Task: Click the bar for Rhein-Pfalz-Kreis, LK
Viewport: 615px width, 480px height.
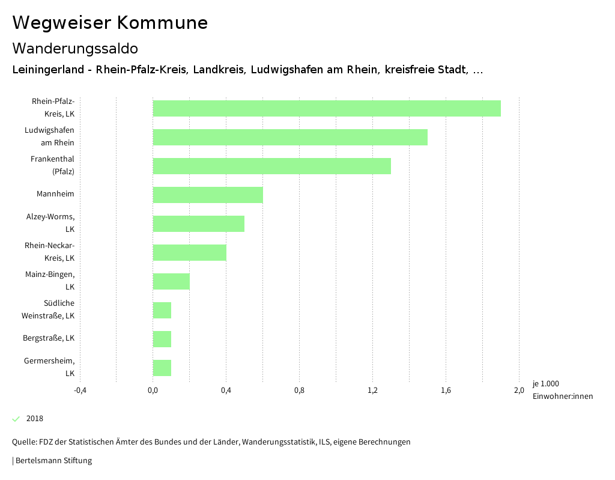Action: tap(327, 108)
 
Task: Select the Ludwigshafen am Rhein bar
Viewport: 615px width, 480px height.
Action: tap(290, 137)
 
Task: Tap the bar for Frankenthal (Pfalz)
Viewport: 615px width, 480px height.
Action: tap(271, 166)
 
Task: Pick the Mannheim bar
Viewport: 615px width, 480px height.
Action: tap(208, 195)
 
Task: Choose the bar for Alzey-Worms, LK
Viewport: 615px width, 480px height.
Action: tap(198, 223)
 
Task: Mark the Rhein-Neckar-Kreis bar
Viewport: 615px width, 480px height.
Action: tap(189, 252)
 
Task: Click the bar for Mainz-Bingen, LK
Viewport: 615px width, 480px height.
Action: tap(171, 281)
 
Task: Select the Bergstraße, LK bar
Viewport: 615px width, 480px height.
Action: tap(162, 339)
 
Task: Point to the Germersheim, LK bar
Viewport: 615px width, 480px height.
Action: tap(162, 368)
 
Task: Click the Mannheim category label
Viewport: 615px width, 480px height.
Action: tap(55, 194)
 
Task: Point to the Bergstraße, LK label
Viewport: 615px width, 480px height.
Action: tap(49, 338)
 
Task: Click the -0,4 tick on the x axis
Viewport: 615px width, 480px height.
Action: tap(80, 390)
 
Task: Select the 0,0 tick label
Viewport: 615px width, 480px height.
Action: tap(153, 390)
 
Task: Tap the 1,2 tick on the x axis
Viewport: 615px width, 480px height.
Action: tap(372, 390)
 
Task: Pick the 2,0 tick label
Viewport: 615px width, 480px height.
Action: tap(519, 390)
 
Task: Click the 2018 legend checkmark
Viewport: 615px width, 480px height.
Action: tap(16, 419)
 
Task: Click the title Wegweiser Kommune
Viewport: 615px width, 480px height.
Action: tap(110, 23)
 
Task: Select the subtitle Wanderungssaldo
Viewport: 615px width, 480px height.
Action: tap(75, 48)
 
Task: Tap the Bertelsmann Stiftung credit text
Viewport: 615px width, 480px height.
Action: tap(53, 461)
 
